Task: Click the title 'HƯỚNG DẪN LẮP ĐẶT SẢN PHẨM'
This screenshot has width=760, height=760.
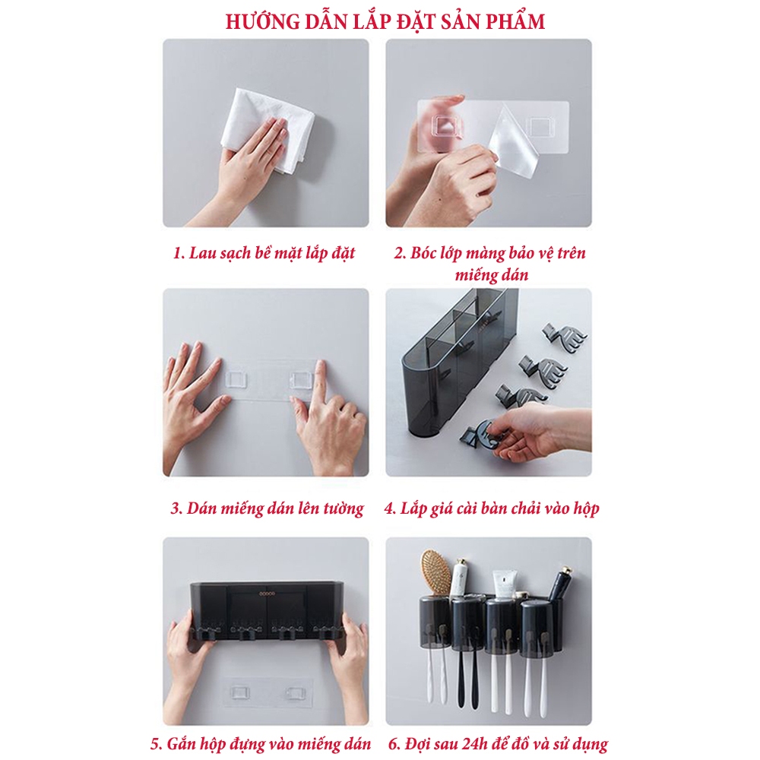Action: coord(385,21)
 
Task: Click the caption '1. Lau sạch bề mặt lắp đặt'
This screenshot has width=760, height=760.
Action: coord(264,254)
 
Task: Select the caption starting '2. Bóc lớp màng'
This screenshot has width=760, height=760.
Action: coord(490,264)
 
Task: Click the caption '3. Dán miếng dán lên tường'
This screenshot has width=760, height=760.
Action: coord(267,508)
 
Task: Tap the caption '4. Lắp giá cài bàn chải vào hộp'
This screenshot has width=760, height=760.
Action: coord(492,508)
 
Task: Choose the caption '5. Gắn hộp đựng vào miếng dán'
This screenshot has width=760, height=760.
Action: coord(261,744)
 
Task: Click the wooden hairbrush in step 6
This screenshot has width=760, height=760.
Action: coord(435,572)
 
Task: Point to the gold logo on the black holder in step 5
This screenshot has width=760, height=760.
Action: coord(267,594)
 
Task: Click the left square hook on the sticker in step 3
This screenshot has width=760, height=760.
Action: coord(236,378)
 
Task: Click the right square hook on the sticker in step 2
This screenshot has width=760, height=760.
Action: coord(540,127)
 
